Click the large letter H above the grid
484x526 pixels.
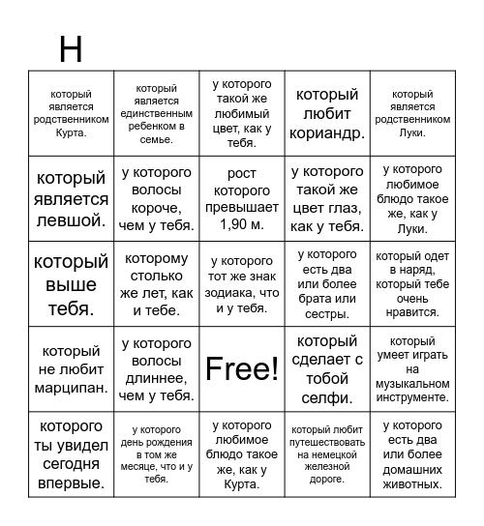[x=71, y=48]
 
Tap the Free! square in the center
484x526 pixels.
[x=242, y=368]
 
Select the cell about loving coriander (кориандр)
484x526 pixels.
[x=327, y=113]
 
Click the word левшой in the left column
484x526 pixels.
[x=70, y=220]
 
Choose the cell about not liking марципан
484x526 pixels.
[x=71, y=368]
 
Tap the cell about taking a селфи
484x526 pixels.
[x=327, y=368]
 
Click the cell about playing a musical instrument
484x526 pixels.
[x=412, y=368]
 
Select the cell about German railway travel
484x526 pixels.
[x=327, y=453]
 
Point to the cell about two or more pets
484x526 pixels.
[x=412, y=453]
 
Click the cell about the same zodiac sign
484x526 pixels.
[x=242, y=284]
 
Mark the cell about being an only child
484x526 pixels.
[x=156, y=113]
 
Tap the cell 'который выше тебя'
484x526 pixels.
[x=71, y=284]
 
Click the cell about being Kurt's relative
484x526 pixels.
[x=71, y=113]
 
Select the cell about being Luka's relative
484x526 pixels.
[x=412, y=113]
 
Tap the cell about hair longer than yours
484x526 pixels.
[x=156, y=368]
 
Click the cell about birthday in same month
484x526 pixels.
[x=156, y=453]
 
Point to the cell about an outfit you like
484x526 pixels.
[x=412, y=284]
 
